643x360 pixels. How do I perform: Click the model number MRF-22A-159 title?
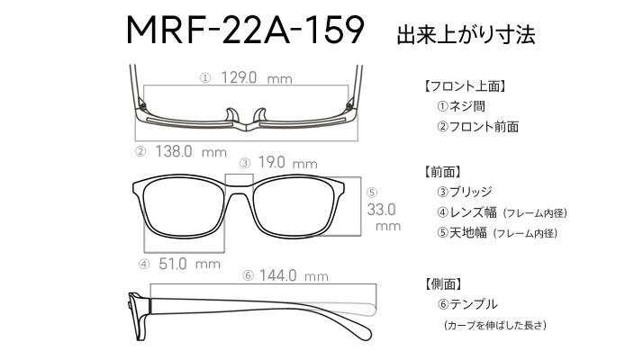(245, 30)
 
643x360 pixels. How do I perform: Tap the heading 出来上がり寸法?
(466, 34)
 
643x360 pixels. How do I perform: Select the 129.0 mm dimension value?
(257, 77)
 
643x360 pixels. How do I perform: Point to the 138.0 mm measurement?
(191, 152)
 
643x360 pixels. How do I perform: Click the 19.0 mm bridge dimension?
(288, 163)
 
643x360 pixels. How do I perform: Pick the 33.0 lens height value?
(381, 210)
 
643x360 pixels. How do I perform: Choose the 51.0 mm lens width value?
(189, 264)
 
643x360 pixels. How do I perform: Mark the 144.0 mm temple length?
(294, 275)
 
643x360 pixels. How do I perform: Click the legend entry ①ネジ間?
(461, 106)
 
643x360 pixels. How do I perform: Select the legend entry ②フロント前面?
(477, 127)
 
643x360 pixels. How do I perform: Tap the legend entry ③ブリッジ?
(464, 192)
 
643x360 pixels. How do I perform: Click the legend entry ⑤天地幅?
(462, 233)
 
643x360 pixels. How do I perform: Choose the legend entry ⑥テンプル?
(467, 304)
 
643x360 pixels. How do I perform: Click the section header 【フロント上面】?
(464, 86)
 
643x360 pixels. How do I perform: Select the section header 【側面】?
(444, 283)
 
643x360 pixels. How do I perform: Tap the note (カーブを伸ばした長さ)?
(495, 325)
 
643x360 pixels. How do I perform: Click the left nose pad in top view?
(232, 115)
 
